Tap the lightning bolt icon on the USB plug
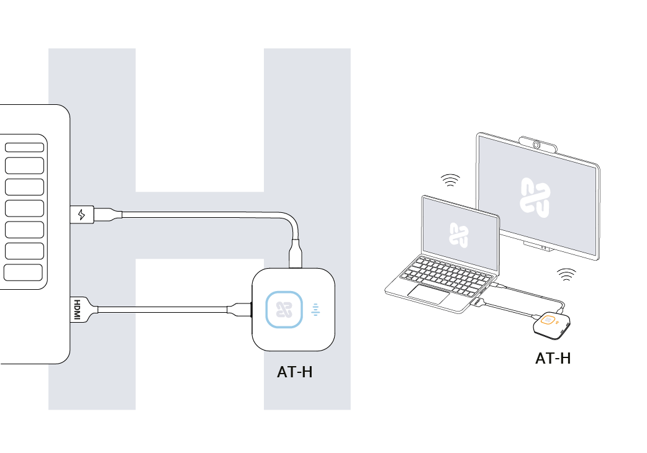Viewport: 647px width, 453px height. (81, 215)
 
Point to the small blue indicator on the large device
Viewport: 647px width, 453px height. (316, 309)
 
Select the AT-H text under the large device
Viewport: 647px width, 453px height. (294, 372)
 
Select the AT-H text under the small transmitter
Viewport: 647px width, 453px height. (553, 358)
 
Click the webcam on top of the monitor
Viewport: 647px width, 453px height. (538, 144)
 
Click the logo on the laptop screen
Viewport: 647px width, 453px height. (458, 235)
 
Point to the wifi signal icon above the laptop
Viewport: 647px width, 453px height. (450, 181)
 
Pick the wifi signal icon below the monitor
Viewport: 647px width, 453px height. (565, 273)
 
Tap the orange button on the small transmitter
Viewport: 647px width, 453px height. (548, 320)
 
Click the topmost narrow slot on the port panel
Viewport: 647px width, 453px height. (24, 147)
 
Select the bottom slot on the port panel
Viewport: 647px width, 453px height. (23, 272)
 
